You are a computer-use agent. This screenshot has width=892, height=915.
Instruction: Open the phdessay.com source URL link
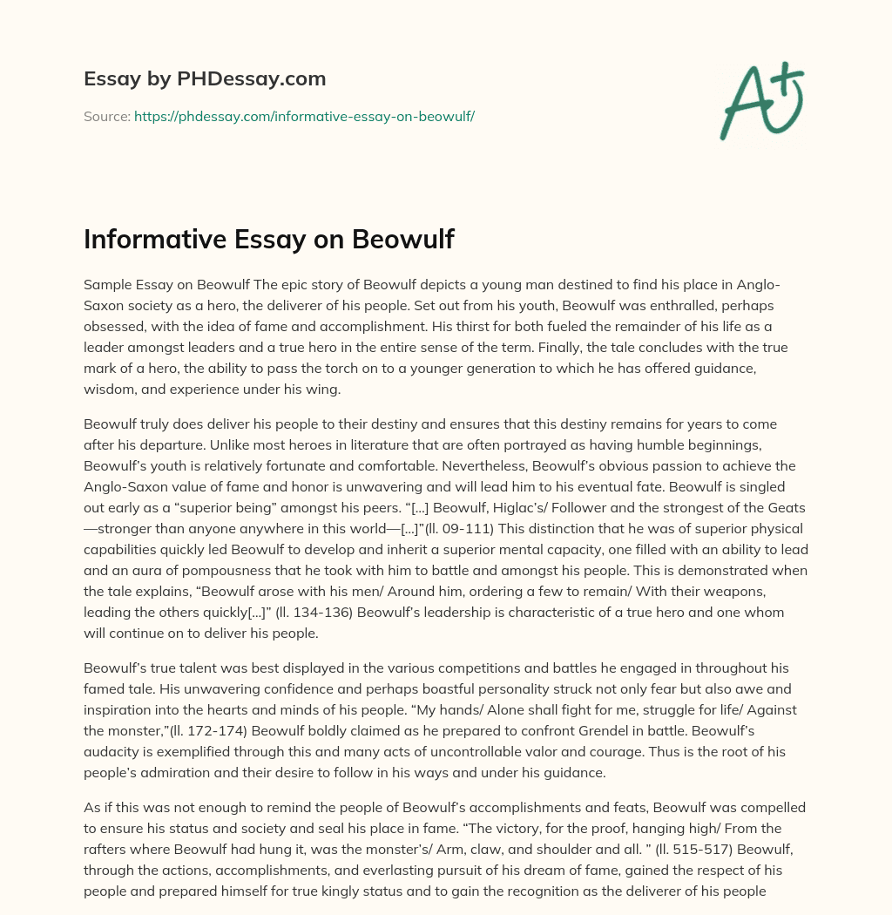[x=304, y=116]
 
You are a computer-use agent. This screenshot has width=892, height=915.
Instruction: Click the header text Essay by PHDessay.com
[x=205, y=79]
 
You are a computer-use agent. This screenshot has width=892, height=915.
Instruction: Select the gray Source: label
[x=106, y=116]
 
